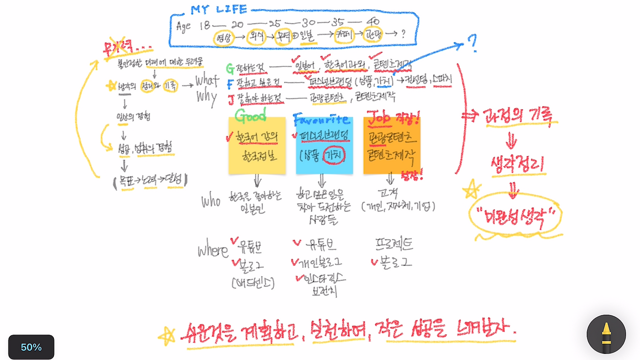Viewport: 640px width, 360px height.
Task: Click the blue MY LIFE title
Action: coord(218,10)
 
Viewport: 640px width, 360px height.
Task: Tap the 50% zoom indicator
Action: coord(31,347)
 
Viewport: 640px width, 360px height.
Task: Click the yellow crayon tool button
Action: coord(606,334)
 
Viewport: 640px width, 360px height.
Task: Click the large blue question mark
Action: coord(472,45)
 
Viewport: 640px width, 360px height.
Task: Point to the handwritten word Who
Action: coord(210,201)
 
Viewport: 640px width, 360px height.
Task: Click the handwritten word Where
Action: coord(212,250)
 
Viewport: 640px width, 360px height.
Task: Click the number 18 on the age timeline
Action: coord(204,25)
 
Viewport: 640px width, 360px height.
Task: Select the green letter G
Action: coord(230,68)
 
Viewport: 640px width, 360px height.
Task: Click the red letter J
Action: coord(230,98)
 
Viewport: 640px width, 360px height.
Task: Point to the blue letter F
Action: coord(230,83)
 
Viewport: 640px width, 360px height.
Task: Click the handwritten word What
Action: coord(206,80)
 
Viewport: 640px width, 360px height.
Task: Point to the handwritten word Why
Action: coord(206,96)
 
